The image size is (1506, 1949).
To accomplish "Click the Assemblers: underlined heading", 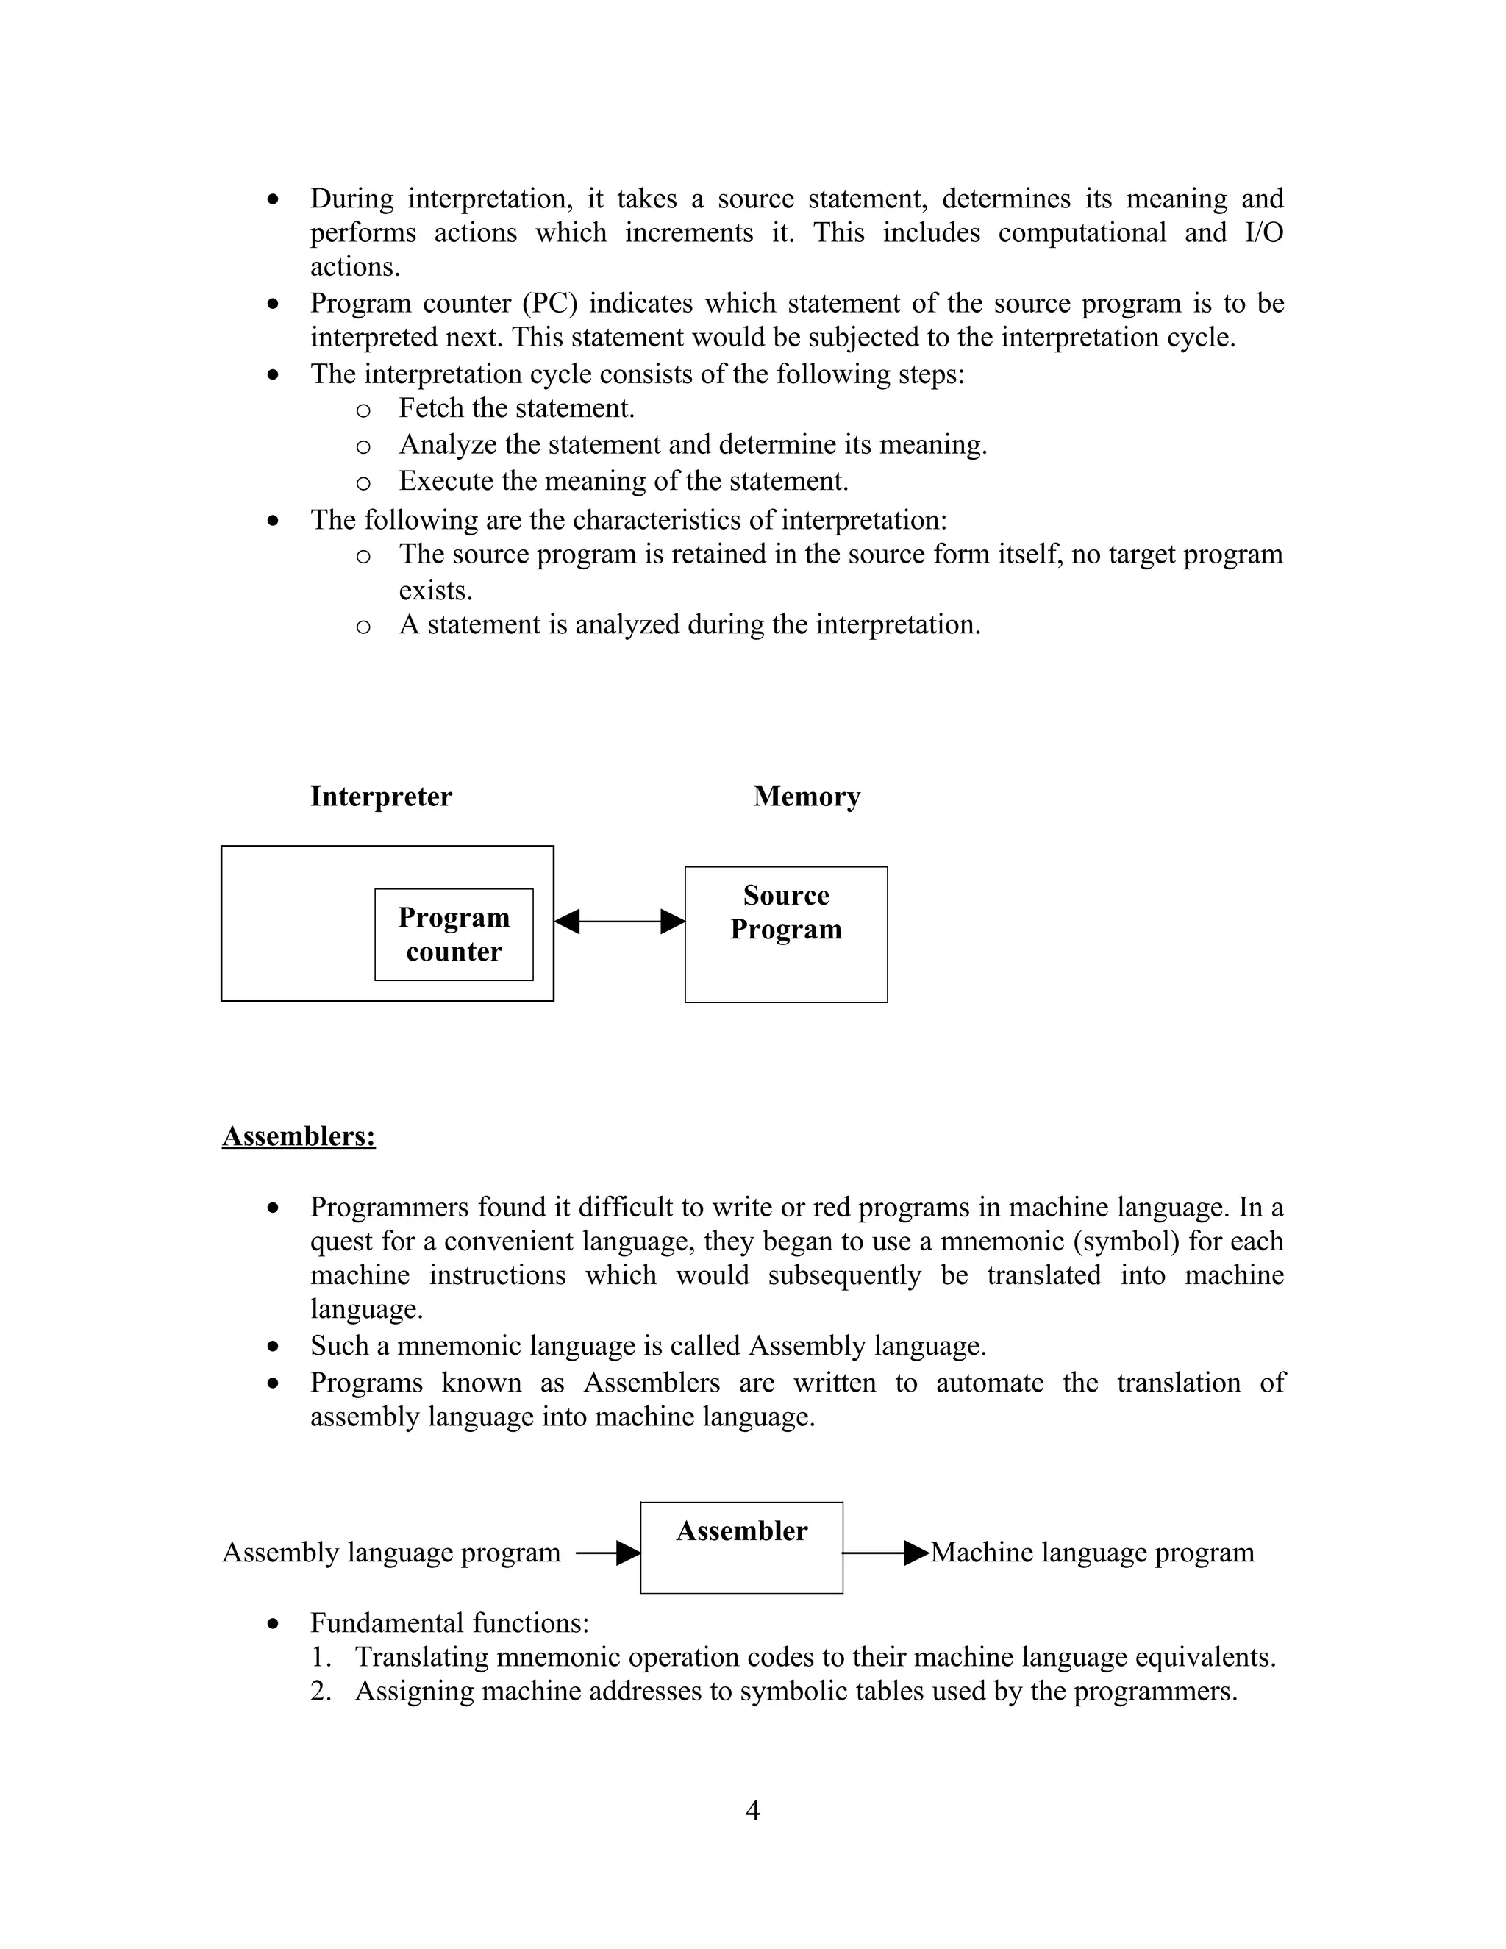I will (x=298, y=1136).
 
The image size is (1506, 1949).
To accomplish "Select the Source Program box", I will (x=785, y=933).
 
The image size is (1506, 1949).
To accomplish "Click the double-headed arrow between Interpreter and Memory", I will (x=619, y=921).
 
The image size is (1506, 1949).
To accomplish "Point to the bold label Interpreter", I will (x=381, y=796).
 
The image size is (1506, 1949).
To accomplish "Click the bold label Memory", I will (x=806, y=796).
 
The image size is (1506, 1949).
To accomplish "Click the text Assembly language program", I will (x=390, y=1553).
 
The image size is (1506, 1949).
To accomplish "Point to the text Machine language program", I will (x=1092, y=1553).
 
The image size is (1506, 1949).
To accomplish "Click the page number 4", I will (x=752, y=1810).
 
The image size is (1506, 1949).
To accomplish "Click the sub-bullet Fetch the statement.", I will (x=516, y=409).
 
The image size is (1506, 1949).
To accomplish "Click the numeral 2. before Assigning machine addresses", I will (x=321, y=1691).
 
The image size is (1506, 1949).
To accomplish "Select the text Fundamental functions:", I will (x=449, y=1622).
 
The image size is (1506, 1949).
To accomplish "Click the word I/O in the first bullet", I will (x=1263, y=233).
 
